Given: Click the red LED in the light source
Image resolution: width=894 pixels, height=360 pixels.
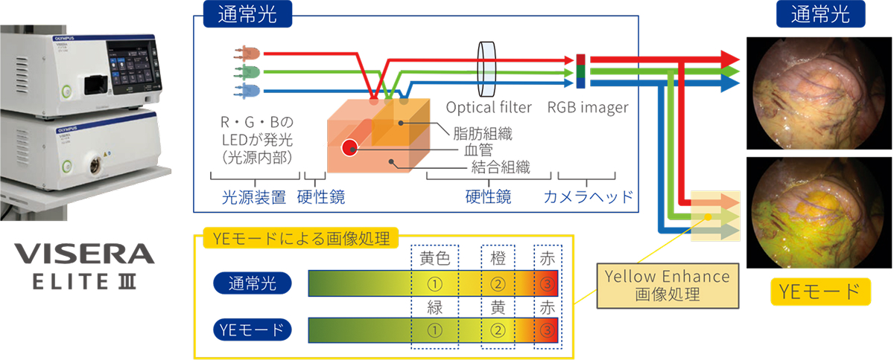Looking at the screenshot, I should pyautogui.click(x=248, y=54).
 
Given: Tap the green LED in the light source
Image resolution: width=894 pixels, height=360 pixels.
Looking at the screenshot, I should pyautogui.click(x=248, y=71).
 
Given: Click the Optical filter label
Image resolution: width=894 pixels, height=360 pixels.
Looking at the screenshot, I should pyautogui.click(x=489, y=108).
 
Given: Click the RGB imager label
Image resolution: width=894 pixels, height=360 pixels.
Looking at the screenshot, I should pyautogui.click(x=588, y=108).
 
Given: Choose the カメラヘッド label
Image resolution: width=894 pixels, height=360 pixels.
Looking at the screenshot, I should pyautogui.click(x=589, y=197).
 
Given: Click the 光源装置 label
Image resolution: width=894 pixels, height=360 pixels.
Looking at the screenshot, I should pyautogui.click(x=254, y=197).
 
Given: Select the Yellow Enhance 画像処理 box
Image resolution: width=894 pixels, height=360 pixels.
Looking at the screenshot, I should pyautogui.click(x=668, y=285).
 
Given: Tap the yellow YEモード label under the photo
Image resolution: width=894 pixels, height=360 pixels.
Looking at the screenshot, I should pyautogui.click(x=819, y=291).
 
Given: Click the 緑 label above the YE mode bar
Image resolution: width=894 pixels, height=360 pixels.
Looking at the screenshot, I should pyautogui.click(x=434, y=306).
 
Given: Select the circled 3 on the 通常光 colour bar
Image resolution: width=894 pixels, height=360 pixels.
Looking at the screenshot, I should pyautogui.click(x=547, y=283).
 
